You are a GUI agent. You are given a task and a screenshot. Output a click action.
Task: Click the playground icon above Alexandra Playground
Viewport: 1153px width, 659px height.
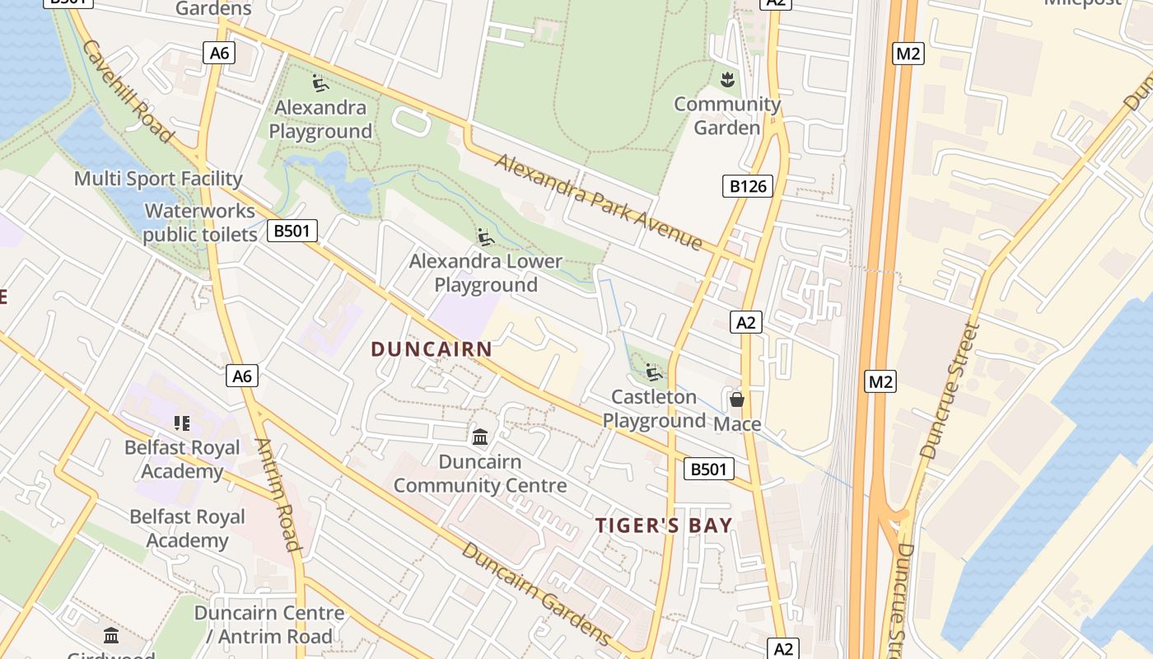point(320,82)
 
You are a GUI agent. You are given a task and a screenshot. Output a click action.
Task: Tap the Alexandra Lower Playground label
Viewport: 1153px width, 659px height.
point(486,273)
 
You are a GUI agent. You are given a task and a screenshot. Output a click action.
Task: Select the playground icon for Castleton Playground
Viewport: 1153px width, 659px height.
point(654,372)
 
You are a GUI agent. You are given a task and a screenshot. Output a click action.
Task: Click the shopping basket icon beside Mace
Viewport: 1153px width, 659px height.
point(737,400)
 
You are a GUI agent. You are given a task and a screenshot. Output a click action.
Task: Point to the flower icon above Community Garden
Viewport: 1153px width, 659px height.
point(727,80)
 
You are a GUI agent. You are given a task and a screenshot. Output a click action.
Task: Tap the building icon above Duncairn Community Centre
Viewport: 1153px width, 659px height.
point(480,436)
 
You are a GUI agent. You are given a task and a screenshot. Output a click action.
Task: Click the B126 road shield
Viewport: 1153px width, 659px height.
point(748,186)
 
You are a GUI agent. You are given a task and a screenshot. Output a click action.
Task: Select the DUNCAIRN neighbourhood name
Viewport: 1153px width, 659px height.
point(432,349)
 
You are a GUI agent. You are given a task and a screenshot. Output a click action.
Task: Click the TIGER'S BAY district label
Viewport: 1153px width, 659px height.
point(664,526)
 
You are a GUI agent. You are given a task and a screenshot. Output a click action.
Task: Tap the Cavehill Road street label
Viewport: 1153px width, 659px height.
point(127,91)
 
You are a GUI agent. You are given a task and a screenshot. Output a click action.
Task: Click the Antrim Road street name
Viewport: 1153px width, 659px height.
point(278,494)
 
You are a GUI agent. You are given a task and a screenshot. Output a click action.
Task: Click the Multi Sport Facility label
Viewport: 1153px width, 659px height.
point(158,179)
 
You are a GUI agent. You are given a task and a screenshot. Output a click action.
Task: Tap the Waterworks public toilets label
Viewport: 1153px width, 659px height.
point(200,223)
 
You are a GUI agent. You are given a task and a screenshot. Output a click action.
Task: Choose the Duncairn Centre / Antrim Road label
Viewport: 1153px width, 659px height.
point(269,624)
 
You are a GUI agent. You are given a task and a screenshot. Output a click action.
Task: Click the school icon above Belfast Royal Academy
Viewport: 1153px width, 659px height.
point(182,423)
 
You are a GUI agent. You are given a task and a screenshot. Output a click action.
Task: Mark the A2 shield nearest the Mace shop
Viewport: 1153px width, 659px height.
point(745,322)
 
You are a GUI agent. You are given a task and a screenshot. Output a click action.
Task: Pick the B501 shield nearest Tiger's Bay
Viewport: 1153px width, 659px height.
point(708,470)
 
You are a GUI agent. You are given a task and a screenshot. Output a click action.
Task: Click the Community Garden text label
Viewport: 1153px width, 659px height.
point(727,116)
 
